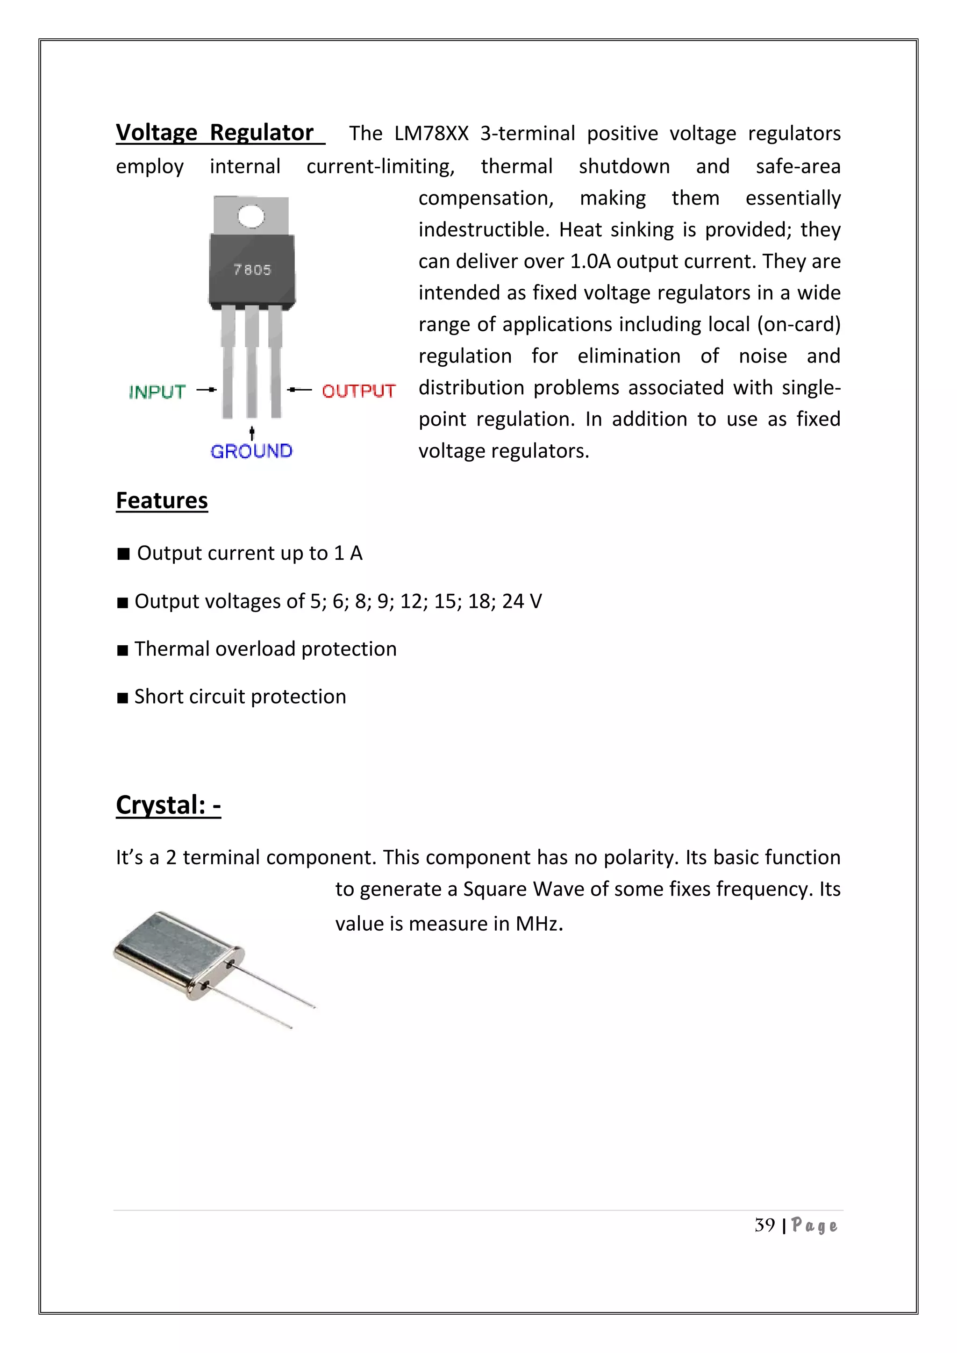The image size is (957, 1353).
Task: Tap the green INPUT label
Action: coord(157,392)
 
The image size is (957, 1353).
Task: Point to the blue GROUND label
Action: coord(251,451)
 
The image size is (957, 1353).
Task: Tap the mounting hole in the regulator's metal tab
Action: coord(251,216)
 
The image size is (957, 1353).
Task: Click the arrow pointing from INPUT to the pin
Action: coord(206,390)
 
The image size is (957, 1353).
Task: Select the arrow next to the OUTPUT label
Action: coord(300,390)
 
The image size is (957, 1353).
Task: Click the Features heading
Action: coord(162,500)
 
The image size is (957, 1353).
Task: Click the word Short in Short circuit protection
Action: coord(158,697)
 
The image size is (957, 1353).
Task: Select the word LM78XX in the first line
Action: coord(431,134)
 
